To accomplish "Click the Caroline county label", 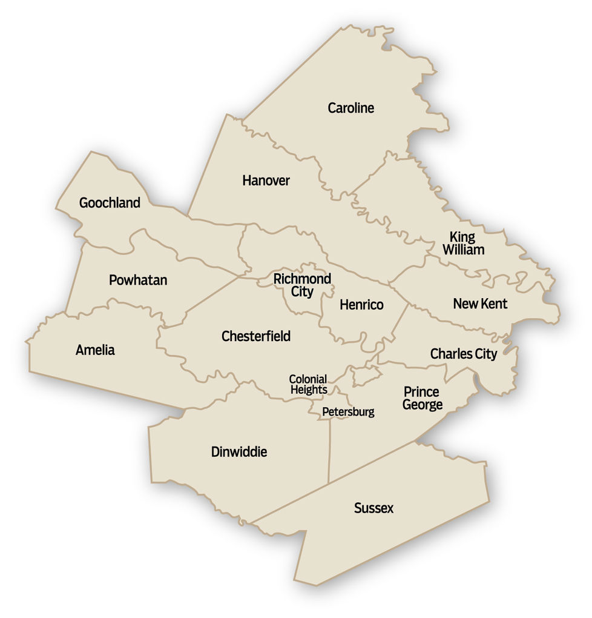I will click(x=351, y=108).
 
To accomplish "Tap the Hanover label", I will click(x=266, y=181).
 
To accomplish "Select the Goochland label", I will click(x=110, y=203).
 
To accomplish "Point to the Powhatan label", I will click(x=138, y=281).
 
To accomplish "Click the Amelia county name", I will click(x=95, y=350).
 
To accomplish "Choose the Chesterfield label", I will click(x=256, y=336).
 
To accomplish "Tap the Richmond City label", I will click(x=302, y=285).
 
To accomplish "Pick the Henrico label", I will click(x=361, y=305).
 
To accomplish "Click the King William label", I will click(x=463, y=243).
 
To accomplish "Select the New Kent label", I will click(x=480, y=304).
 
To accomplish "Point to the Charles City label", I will click(x=463, y=354).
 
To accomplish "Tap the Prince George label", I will click(x=422, y=398).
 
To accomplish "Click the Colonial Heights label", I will click(x=308, y=385).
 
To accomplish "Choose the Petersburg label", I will click(x=348, y=413).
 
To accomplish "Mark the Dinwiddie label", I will click(x=238, y=452).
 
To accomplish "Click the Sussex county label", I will click(x=373, y=509).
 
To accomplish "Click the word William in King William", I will click(x=463, y=250).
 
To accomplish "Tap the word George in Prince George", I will click(x=423, y=405).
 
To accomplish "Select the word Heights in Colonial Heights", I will click(x=309, y=390).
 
